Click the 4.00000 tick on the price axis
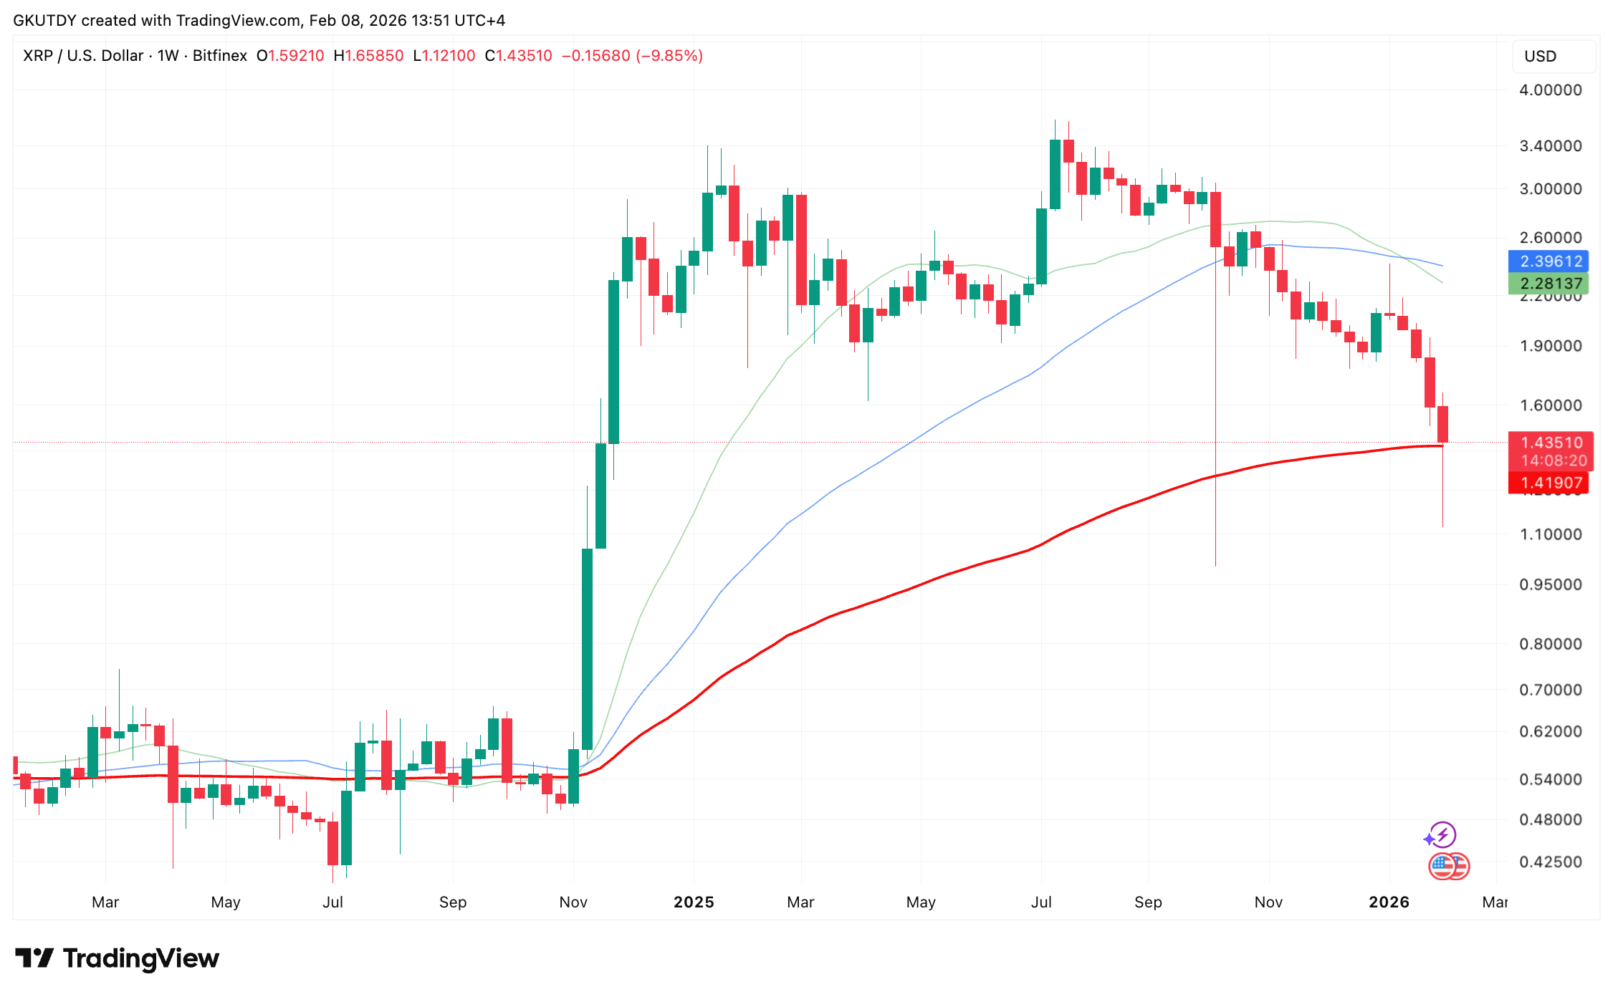(1550, 90)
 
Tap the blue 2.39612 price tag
(1548, 261)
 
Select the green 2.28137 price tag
(1548, 284)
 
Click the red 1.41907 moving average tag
(1548, 483)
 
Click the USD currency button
(1541, 57)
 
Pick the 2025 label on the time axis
(694, 902)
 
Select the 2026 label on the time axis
(1389, 902)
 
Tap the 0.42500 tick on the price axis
(1550, 862)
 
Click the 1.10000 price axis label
(1550, 534)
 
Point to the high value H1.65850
(369, 56)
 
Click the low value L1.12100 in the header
(444, 56)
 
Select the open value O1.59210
(291, 56)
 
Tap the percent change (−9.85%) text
(669, 56)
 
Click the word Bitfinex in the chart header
(220, 56)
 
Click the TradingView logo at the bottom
(118, 958)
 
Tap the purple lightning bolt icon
(1442, 834)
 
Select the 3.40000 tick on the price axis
(1550, 146)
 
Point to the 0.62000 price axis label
(1550, 731)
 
